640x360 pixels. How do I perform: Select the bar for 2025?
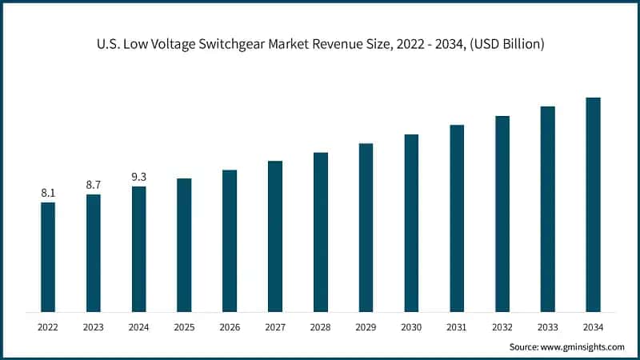point(184,244)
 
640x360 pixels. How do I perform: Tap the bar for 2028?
point(321,231)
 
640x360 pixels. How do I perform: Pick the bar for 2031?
point(457,218)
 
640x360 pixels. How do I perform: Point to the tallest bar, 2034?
point(593,204)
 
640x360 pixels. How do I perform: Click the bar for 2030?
point(411,222)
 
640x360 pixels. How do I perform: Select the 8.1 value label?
point(48,193)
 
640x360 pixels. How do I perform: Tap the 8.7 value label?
point(94,185)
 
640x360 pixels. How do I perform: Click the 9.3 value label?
point(138,177)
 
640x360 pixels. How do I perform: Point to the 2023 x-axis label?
point(94,327)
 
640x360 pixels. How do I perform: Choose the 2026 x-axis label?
point(230,327)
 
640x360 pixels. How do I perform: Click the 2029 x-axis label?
point(366,327)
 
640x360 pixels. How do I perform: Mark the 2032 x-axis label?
point(502,327)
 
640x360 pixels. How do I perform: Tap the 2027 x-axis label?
point(275,327)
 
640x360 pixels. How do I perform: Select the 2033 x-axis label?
point(547,327)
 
